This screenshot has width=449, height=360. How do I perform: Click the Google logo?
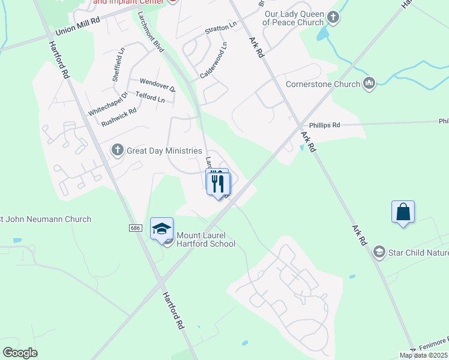pyautogui.click(x=20, y=353)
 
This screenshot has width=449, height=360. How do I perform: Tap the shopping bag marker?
pyautogui.click(x=403, y=212)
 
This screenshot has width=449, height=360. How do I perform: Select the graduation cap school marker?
pyautogui.click(x=161, y=229)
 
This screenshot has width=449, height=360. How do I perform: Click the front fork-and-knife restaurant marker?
pyautogui.click(x=219, y=183)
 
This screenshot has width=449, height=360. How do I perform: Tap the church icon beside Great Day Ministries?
pyautogui.click(x=118, y=149)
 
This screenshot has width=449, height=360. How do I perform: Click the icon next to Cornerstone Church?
pyautogui.click(x=369, y=84)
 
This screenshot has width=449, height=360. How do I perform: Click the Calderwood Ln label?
pyautogui.click(x=214, y=61)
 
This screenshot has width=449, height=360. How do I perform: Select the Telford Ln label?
pyautogui.click(x=150, y=97)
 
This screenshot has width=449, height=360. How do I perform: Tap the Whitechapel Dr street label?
pyautogui.click(x=109, y=104)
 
